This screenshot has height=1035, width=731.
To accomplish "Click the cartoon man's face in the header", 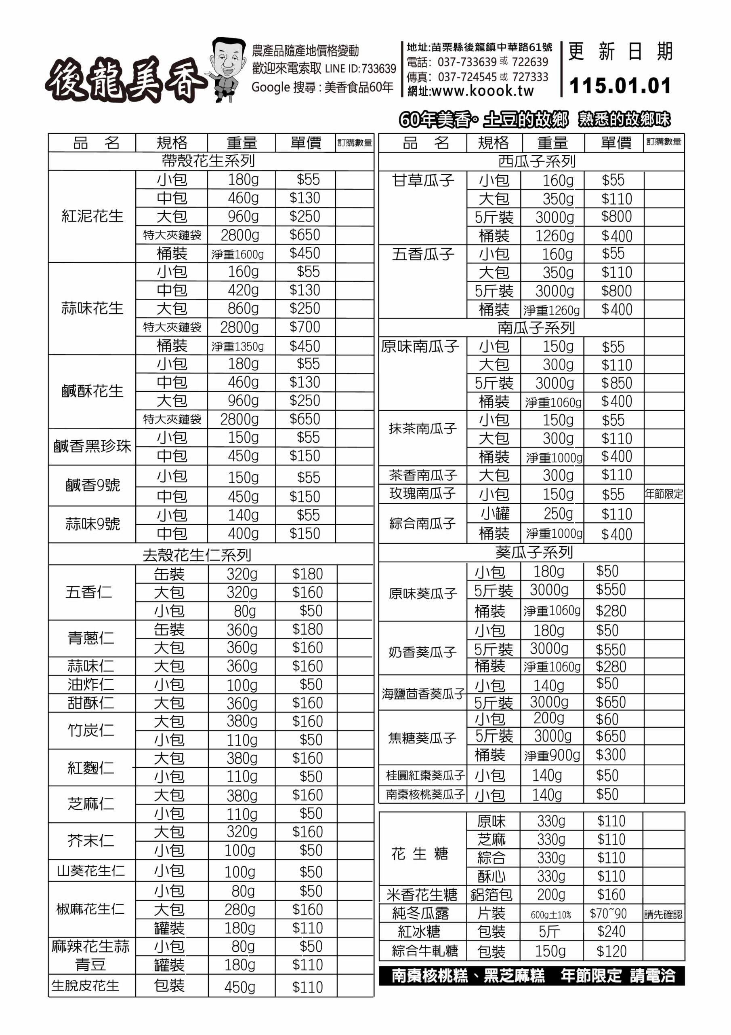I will (227, 59).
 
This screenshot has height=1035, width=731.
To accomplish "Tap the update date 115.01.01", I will (620, 86).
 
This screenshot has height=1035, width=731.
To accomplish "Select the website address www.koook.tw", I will (482, 91).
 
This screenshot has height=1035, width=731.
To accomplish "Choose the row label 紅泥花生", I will (92, 216).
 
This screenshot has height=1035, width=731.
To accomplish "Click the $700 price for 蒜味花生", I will (305, 327).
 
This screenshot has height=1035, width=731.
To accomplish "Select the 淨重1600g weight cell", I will (237, 254).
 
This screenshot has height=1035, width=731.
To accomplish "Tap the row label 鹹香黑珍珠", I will (92, 446).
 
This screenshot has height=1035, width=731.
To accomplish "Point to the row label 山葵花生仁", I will (91, 870).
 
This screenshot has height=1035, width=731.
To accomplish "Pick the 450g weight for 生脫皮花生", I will (239, 987).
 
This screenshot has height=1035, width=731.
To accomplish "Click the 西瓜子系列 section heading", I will (536, 161).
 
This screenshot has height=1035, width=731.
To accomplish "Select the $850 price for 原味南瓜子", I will (616, 383).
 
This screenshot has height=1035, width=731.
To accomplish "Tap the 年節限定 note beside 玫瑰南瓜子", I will (664, 494).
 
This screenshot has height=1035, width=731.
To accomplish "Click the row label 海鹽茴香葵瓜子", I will (422, 693).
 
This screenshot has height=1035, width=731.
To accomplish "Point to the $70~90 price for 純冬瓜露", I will (608, 914).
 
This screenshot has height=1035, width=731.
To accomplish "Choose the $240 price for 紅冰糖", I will (611, 931).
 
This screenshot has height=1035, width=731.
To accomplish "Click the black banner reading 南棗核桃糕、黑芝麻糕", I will (531, 976).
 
